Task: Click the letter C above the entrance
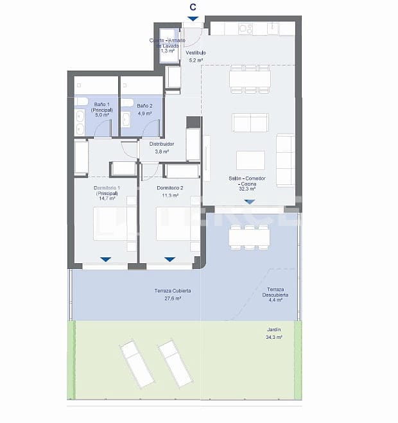click(x=193, y=7)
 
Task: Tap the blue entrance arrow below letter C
click(x=193, y=19)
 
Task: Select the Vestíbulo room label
click(x=196, y=52)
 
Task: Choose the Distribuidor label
click(x=162, y=144)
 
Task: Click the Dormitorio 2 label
click(x=170, y=187)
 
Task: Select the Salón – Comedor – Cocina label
click(x=247, y=180)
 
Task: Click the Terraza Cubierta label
click(x=172, y=291)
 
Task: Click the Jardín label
click(x=274, y=329)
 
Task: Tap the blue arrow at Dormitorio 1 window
click(x=105, y=259)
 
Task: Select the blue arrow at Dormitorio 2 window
click(x=169, y=259)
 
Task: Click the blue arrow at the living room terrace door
click(x=249, y=202)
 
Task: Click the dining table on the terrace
click(x=249, y=236)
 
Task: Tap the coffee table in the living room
click(x=250, y=160)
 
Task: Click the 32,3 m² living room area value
click(x=247, y=189)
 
